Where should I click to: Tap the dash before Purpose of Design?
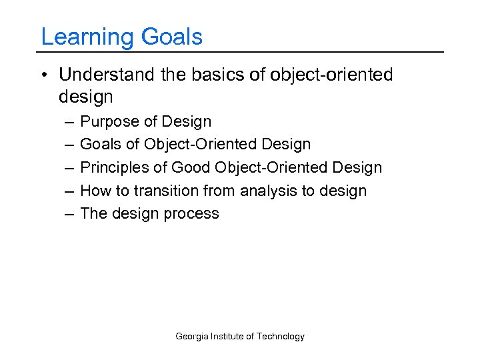point(69,122)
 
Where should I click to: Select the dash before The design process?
point(69,214)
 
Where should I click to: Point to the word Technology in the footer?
point(281,337)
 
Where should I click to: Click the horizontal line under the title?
point(240,52)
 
